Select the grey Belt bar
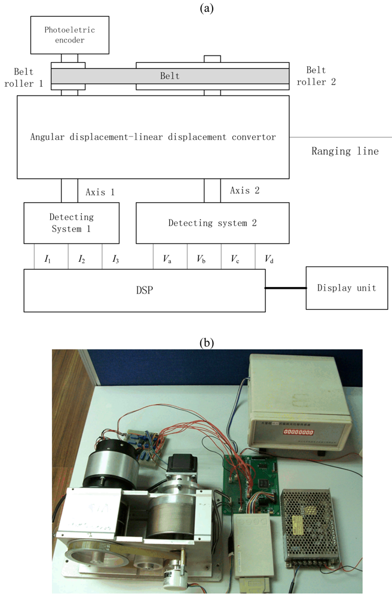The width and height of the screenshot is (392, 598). click(x=169, y=76)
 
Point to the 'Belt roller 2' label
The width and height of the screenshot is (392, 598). click(x=320, y=75)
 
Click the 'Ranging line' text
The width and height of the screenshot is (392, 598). click(x=345, y=151)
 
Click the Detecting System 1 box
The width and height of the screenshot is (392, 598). click(x=71, y=222)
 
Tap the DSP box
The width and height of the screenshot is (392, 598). click(x=144, y=290)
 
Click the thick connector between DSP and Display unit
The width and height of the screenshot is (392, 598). click(x=285, y=288)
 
